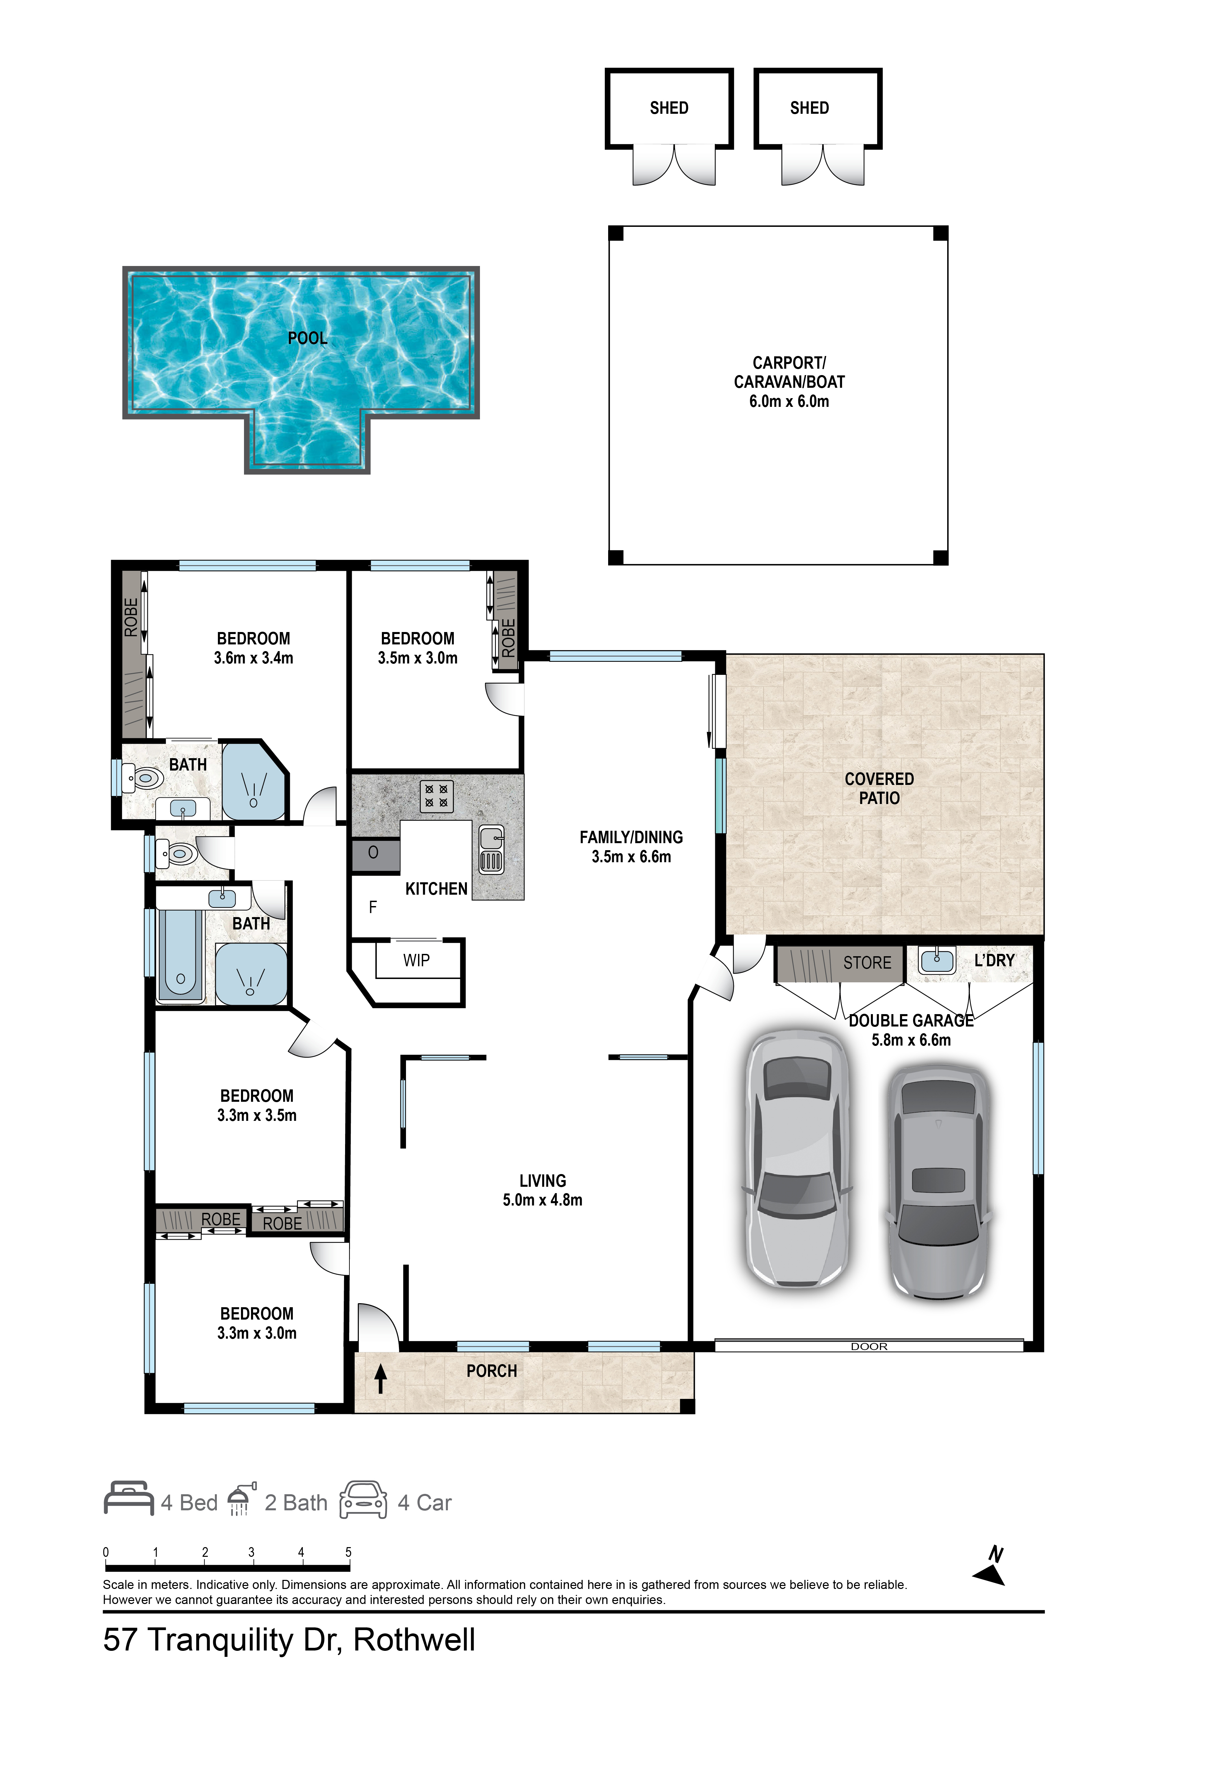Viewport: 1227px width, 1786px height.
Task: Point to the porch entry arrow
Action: click(x=380, y=1379)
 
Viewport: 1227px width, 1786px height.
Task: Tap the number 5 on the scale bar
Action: click(x=348, y=1551)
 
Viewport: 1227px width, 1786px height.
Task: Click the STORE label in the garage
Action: click(x=867, y=963)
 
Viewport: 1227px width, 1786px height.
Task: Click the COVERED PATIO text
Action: click(x=880, y=789)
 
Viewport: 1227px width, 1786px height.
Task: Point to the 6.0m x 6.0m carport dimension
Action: click(x=790, y=401)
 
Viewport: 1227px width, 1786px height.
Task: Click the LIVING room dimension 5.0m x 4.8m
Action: click(x=543, y=1199)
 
